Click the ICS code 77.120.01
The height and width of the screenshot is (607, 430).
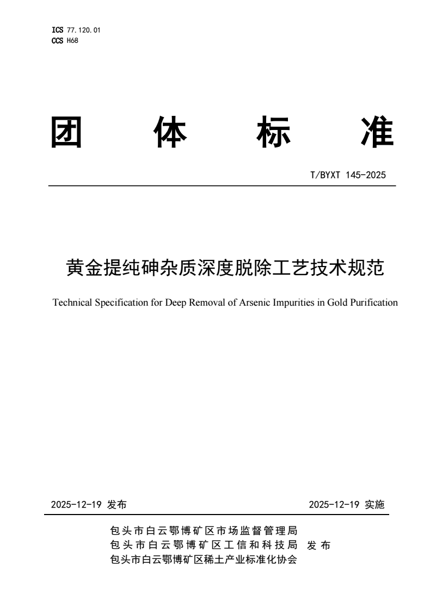point(84,30)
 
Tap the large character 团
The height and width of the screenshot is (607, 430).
point(66,132)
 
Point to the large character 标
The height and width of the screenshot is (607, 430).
point(273,132)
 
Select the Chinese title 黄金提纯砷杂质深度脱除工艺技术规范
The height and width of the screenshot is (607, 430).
point(224,268)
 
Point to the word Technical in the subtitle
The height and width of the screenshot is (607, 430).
point(70,302)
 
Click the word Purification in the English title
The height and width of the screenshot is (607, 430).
point(374,302)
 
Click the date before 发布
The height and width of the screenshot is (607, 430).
point(77,505)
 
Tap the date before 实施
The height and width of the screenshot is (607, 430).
point(334,505)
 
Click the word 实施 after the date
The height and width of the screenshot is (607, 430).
point(374,505)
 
